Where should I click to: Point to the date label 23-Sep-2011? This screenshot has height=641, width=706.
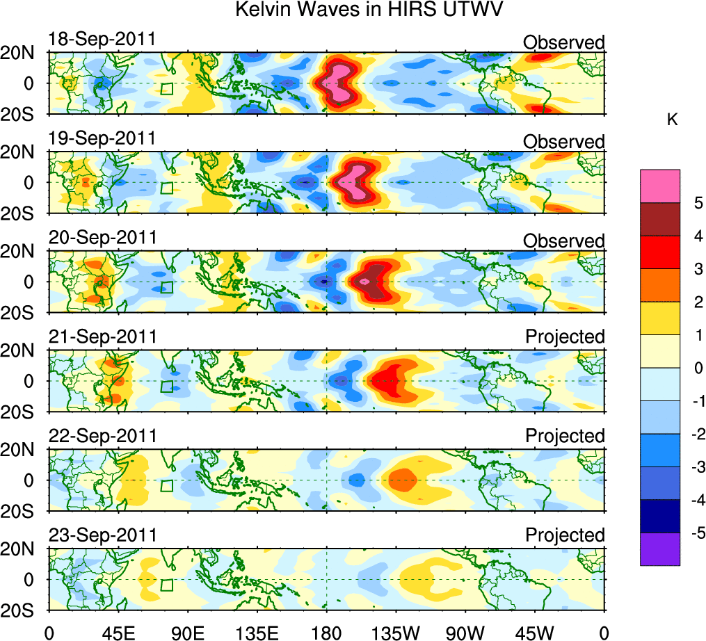[x=102, y=535]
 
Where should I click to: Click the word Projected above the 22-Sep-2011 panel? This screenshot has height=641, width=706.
[x=565, y=436]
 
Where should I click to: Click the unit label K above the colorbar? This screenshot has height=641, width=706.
[x=673, y=120]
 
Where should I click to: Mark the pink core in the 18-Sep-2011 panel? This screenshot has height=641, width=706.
[x=339, y=82]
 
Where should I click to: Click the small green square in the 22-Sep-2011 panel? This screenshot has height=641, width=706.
[x=166, y=485]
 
